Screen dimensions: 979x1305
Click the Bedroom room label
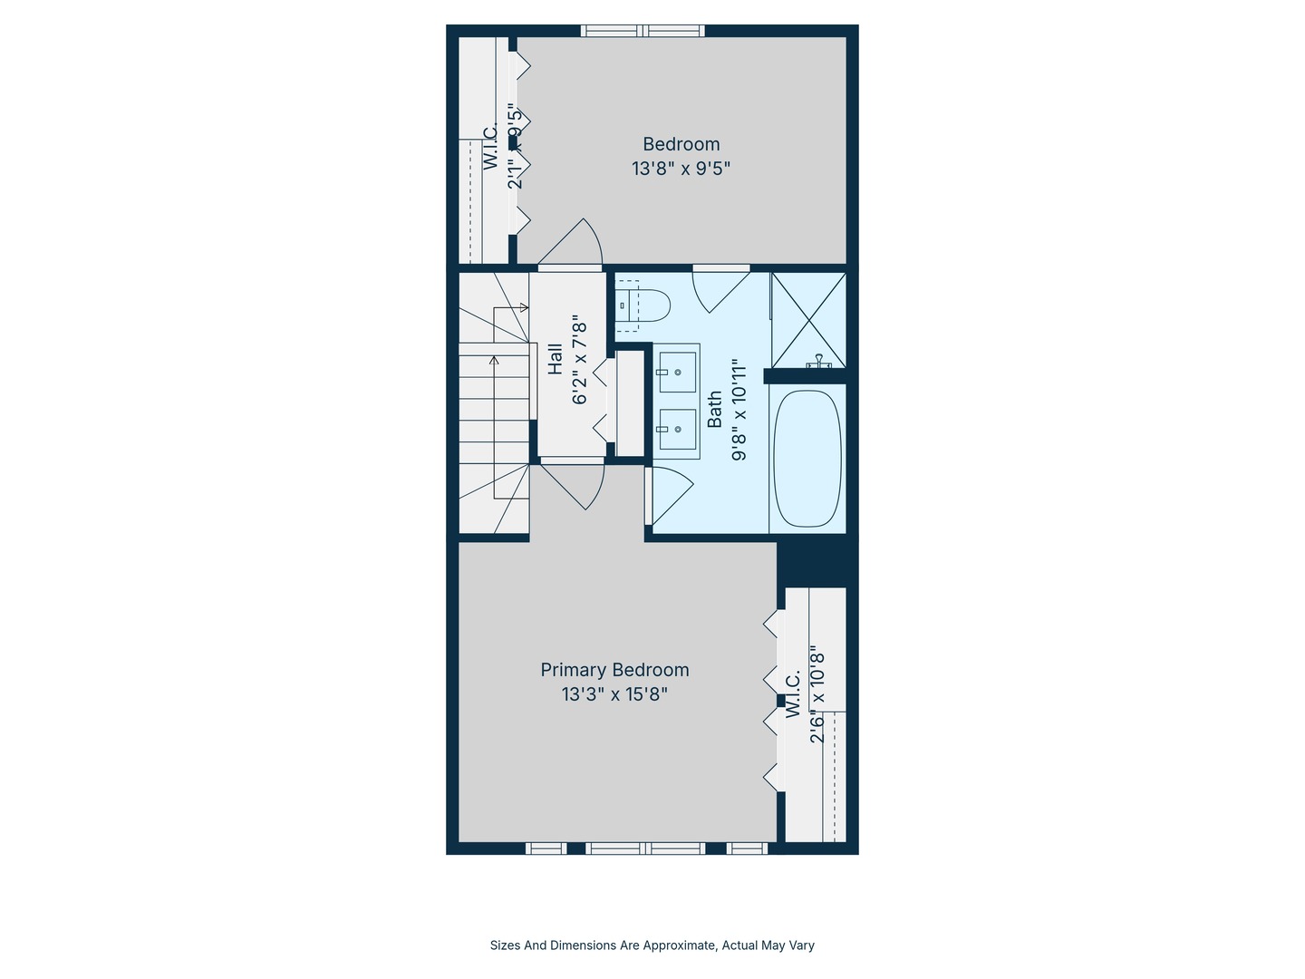click(x=681, y=144)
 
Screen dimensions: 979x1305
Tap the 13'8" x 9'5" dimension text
click(x=681, y=169)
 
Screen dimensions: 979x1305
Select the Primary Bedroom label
click(x=614, y=670)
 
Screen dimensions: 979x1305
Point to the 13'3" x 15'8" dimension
click(x=614, y=694)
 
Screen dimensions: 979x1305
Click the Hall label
click(x=556, y=358)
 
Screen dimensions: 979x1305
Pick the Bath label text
click(x=715, y=409)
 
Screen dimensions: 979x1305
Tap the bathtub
click(x=807, y=459)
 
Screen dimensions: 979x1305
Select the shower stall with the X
click(x=807, y=319)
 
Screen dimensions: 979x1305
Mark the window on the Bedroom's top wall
click(x=643, y=31)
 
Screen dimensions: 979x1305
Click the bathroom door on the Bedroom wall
click(x=720, y=288)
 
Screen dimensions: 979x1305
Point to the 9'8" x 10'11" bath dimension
click(x=740, y=409)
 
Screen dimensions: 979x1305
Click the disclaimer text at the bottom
click(x=652, y=945)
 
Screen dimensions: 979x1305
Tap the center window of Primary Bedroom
click(x=644, y=848)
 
